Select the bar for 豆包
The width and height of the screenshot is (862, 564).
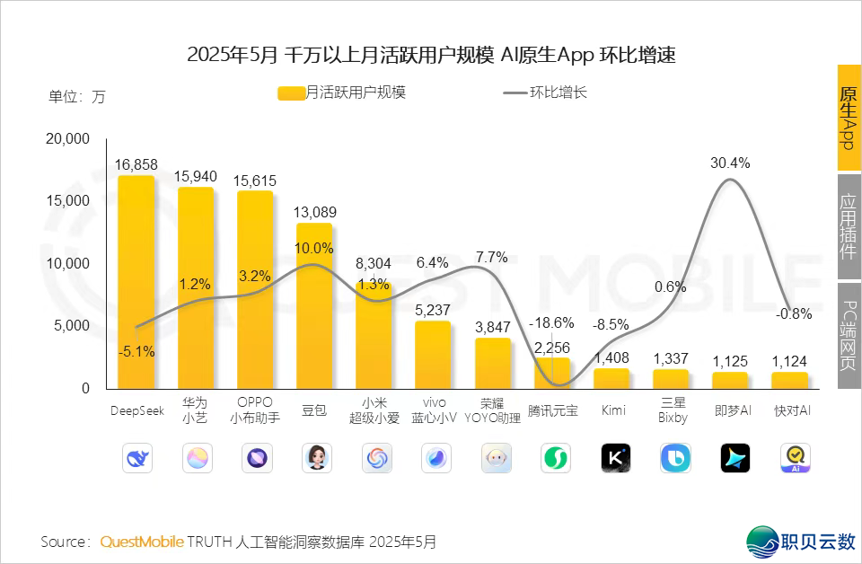coord(314,305)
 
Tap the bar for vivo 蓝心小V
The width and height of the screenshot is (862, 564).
coord(433,355)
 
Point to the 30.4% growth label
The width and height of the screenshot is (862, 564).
coord(730,163)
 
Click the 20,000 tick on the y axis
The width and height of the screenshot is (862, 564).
coord(67,139)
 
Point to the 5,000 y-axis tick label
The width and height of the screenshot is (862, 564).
coord(73,326)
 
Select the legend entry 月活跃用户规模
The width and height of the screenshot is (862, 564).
coord(343,93)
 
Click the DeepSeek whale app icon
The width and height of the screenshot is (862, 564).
coord(137,458)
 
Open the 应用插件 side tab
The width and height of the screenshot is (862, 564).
coord(849,226)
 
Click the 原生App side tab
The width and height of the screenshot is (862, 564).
coord(849,118)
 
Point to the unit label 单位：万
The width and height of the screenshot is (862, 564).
coord(76,97)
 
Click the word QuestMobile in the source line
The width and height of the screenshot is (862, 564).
coord(142,542)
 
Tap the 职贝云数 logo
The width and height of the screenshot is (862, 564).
coord(801,540)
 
